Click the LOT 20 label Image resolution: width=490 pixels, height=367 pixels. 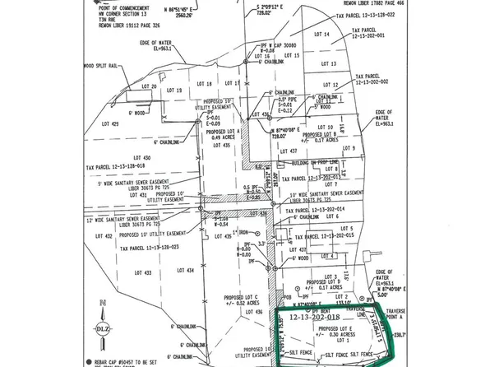(148, 86)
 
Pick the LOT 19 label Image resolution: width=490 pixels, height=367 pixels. (174, 90)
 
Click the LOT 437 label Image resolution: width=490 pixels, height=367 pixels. (289, 152)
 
